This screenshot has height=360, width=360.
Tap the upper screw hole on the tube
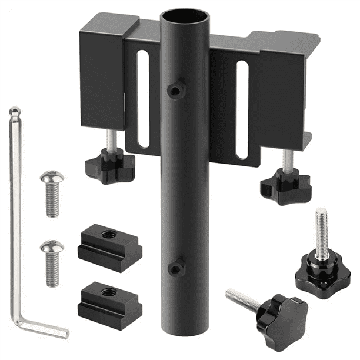pos(175,90)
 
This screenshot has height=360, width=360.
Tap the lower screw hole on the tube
pos(175,268)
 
